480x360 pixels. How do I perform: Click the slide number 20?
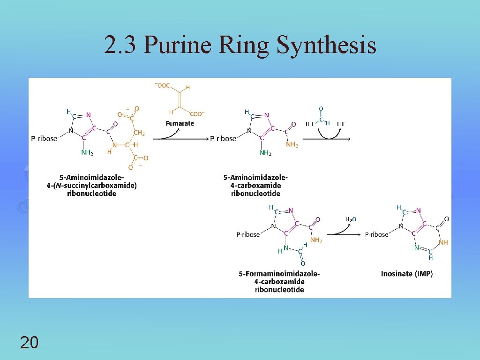click(x=30, y=343)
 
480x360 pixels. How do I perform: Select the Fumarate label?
click(x=180, y=123)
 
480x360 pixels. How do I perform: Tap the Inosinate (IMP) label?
click(x=406, y=274)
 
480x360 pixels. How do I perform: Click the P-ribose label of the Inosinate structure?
click(x=377, y=234)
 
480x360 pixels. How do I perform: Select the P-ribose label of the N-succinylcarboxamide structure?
click(x=44, y=138)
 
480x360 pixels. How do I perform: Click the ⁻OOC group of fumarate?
click(x=162, y=85)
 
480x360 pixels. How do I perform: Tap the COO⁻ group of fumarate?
click(x=197, y=113)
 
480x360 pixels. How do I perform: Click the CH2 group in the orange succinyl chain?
click(x=139, y=134)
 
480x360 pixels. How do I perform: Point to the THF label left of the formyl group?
click(x=309, y=124)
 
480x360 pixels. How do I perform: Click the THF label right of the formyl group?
click(x=341, y=124)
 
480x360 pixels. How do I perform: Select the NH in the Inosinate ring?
click(x=443, y=243)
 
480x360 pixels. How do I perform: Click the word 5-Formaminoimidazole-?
click(x=279, y=274)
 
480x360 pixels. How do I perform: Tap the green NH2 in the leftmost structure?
click(x=87, y=152)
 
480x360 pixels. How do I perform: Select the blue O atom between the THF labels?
click(x=321, y=109)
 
